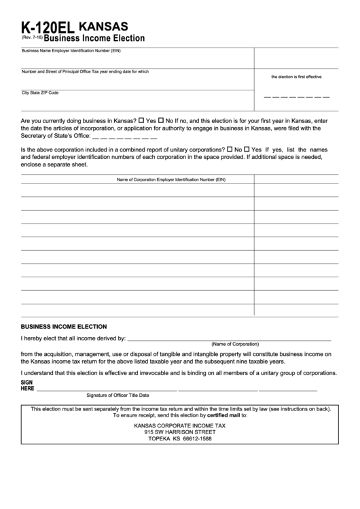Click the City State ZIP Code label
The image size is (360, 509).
[40, 92]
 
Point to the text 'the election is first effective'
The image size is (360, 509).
[296, 77]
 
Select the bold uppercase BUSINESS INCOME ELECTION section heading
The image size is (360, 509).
[64, 326]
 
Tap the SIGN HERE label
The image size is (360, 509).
[27, 386]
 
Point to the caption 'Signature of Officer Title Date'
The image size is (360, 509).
[118, 395]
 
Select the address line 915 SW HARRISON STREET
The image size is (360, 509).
[179, 432]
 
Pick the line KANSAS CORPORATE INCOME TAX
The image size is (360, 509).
[179, 425]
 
